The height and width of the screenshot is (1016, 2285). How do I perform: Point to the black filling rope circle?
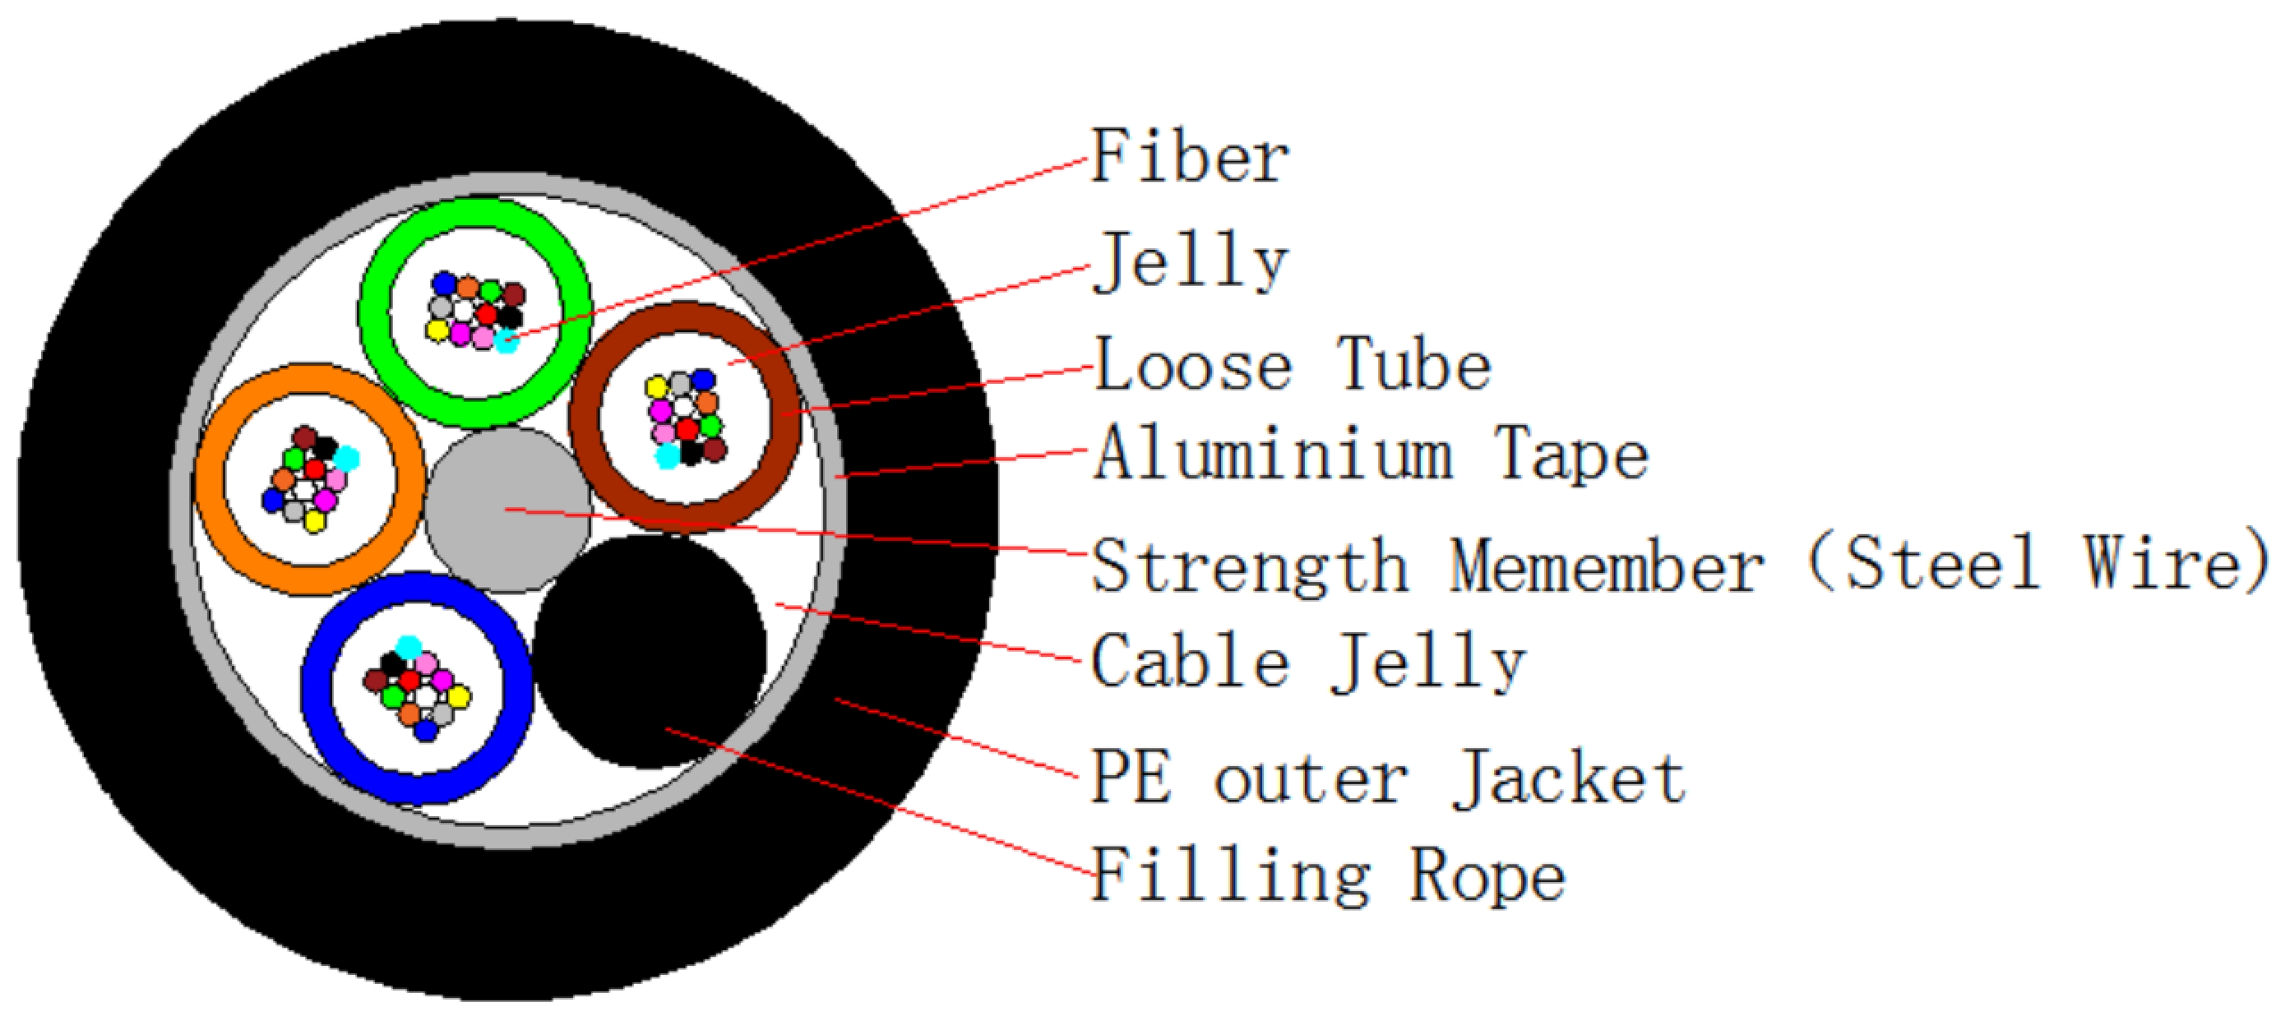[650, 652]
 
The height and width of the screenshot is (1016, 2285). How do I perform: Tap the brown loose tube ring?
[685, 418]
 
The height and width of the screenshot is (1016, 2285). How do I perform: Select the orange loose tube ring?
[309, 480]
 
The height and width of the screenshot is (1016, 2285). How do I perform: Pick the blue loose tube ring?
[418, 687]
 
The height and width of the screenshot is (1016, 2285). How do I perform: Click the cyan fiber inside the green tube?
[506, 341]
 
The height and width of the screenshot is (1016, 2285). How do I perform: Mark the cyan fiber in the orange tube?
[346, 459]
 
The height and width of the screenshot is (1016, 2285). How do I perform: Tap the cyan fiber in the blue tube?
[408, 647]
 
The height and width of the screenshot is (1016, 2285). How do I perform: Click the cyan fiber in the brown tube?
[666, 455]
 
